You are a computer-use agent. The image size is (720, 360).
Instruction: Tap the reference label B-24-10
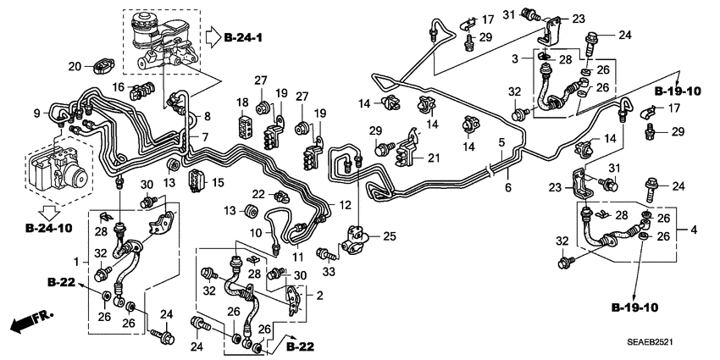point(47,226)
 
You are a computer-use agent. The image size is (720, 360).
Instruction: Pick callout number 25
point(390,235)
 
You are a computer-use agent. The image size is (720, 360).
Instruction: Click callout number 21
point(434,158)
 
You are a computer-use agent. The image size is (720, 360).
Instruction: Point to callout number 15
point(217,183)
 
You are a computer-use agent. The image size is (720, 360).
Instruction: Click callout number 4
point(694,230)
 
